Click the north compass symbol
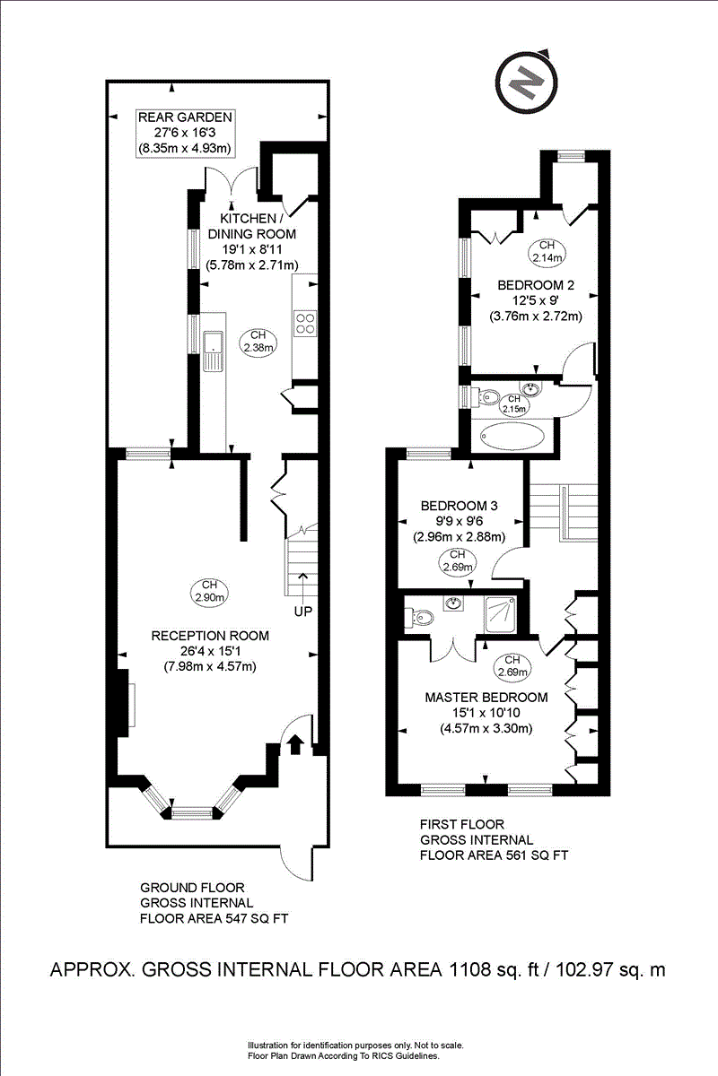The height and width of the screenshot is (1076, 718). pyautogui.click(x=526, y=82)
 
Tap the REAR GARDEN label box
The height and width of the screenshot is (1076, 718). pyautogui.click(x=185, y=134)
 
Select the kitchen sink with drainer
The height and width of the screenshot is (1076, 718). pyautogui.click(x=213, y=351)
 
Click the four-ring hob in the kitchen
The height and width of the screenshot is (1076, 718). pyautogui.click(x=306, y=324)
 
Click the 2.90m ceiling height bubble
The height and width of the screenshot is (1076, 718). pyautogui.click(x=209, y=593)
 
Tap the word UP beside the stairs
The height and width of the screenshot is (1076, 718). pyautogui.click(x=303, y=612)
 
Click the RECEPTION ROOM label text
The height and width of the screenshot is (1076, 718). pyautogui.click(x=210, y=636)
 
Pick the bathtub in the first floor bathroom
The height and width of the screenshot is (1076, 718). pyautogui.click(x=512, y=437)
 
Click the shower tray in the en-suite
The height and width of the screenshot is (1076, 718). pyautogui.click(x=500, y=614)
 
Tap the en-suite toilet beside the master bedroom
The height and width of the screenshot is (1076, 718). pyautogui.click(x=419, y=618)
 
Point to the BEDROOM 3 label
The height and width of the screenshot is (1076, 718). pyautogui.click(x=459, y=506)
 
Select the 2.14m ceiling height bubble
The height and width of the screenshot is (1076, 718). pyautogui.click(x=547, y=252)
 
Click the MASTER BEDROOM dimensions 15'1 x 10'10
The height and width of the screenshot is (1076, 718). pyautogui.click(x=486, y=712)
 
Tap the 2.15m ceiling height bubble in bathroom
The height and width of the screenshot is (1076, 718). pyautogui.click(x=514, y=404)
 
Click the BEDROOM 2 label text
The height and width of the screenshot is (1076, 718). pyautogui.click(x=536, y=285)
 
